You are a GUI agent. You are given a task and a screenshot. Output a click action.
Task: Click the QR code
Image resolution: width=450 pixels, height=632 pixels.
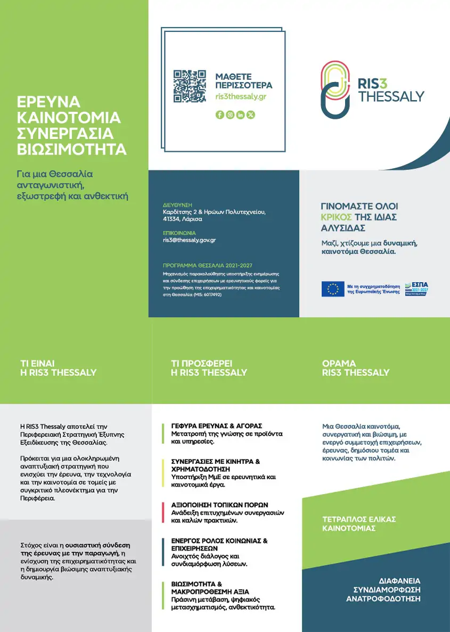tap(190, 86)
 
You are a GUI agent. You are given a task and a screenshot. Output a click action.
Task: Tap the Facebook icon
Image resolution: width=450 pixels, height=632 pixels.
tap(219, 114)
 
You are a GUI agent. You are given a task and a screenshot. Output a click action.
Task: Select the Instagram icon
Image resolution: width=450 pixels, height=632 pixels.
tap(230, 114)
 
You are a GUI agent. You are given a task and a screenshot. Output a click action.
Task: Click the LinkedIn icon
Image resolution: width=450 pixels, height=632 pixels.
tap(241, 114)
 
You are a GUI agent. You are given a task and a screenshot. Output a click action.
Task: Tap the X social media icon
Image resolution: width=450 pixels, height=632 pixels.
tap(251, 114)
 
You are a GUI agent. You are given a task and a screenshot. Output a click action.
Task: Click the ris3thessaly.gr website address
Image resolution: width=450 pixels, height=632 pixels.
tap(241, 96)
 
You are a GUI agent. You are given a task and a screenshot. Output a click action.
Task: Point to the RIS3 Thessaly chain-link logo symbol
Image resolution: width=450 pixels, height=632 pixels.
tap(336, 89)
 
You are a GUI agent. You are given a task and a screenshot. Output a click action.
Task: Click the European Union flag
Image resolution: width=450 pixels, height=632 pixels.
tap(333, 289)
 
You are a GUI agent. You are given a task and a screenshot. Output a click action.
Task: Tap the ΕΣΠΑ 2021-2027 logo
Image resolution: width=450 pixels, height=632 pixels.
tap(416, 289)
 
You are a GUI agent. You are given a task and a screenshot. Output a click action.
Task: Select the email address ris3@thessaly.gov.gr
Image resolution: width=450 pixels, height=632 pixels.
tap(189, 240)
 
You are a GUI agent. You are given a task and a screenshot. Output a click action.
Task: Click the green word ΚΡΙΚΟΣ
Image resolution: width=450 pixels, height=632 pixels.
tap(336, 217)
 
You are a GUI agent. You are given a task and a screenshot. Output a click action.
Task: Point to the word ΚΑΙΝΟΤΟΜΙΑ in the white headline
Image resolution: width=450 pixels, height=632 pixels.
tap(69, 117)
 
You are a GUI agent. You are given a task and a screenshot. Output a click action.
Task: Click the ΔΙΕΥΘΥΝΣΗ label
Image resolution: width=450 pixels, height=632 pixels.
tap(177, 205)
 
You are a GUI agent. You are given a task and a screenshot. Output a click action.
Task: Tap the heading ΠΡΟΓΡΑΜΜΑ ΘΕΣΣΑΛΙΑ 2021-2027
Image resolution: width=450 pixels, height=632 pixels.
tap(207, 265)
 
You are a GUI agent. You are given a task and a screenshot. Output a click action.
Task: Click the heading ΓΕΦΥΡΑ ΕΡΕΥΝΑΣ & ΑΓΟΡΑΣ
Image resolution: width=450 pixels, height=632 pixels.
tap(217, 426)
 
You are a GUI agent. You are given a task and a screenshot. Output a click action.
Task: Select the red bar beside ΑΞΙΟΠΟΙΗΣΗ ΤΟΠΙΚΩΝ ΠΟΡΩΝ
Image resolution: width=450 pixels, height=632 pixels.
tap(163, 512)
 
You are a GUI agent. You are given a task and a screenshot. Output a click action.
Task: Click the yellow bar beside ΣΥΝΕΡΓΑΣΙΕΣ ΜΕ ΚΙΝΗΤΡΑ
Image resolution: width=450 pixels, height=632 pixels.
tap(163, 473)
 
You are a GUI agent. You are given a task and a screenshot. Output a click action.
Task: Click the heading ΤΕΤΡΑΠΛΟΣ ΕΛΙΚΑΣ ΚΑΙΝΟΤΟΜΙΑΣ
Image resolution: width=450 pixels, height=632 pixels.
tap(359, 524)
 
